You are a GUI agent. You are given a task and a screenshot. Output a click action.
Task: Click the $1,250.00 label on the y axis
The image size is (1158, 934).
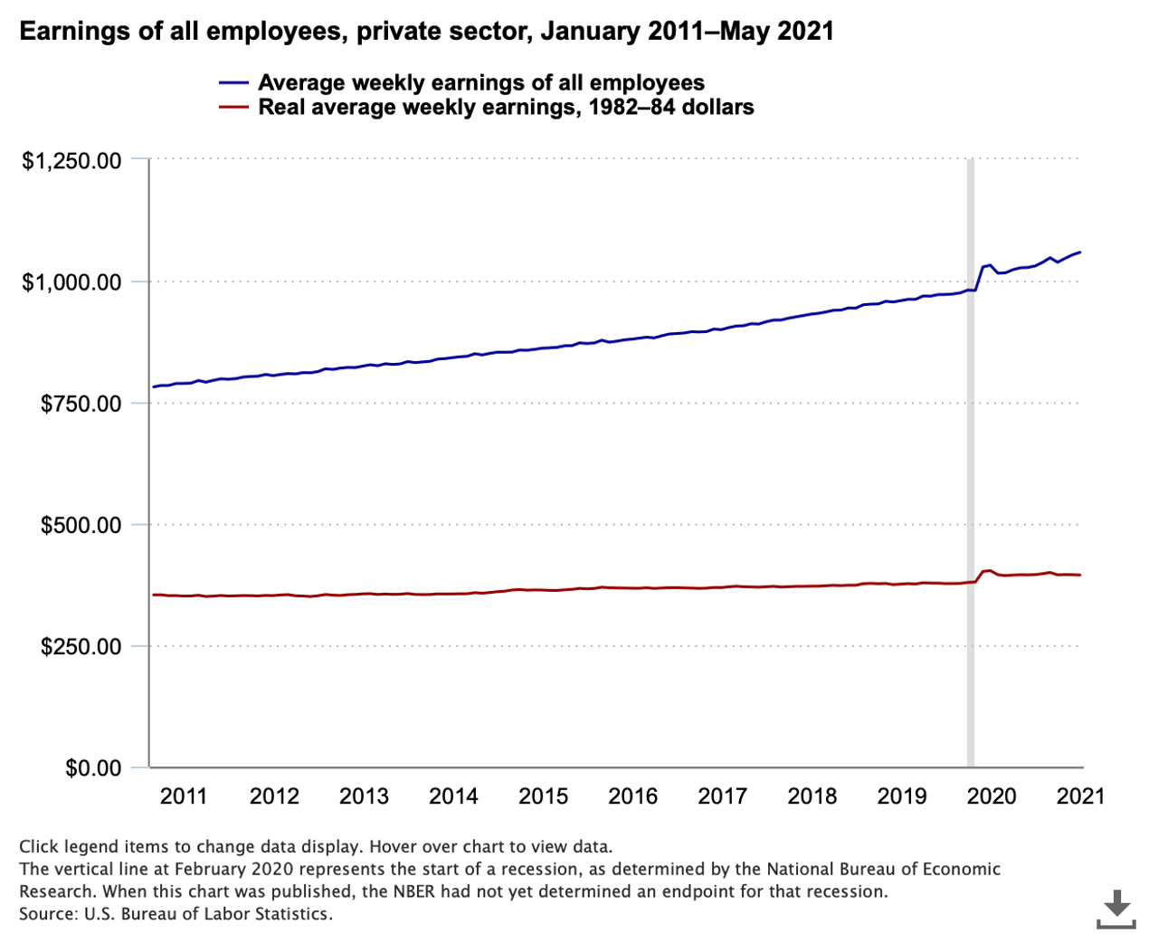pyautogui.click(x=71, y=161)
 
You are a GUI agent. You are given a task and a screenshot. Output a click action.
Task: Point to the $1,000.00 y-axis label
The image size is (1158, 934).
pyautogui.click(x=71, y=282)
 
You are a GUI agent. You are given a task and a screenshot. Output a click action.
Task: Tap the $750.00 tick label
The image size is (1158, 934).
pyautogui.click(x=81, y=404)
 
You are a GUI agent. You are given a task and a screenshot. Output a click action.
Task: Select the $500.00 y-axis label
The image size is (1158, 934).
pyautogui.click(x=81, y=525)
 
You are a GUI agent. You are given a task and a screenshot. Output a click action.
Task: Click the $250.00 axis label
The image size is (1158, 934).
pyautogui.click(x=81, y=646)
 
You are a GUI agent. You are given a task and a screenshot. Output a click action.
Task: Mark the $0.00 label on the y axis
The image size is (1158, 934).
pyautogui.click(x=93, y=768)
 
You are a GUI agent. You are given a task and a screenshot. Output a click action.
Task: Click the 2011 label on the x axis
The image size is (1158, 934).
pyautogui.click(x=184, y=796)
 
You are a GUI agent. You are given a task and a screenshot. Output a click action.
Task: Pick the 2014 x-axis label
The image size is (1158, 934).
pyautogui.click(x=453, y=796)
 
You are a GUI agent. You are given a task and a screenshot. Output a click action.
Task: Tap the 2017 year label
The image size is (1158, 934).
pyautogui.click(x=722, y=796)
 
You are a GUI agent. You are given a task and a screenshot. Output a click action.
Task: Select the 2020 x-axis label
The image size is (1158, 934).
pyautogui.click(x=992, y=796)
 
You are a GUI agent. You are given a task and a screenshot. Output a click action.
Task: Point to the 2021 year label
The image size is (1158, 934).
pyautogui.click(x=1081, y=796)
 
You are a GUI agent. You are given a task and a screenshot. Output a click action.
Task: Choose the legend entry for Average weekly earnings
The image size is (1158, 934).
pyautogui.click(x=480, y=82)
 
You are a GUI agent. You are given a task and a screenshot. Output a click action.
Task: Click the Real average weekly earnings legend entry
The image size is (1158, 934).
pyautogui.click(x=506, y=107)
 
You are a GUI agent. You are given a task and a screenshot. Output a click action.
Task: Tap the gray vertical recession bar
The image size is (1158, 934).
pyautogui.click(x=971, y=453)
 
